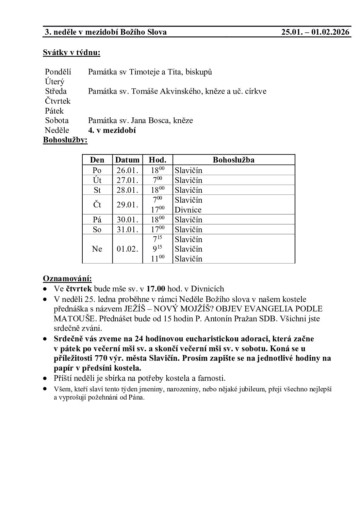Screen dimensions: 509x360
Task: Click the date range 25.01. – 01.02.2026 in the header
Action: (315, 32)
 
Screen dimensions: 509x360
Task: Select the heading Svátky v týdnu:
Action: (71, 53)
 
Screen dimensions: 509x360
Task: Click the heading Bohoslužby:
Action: (65, 140)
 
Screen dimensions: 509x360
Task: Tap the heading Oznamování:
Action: (67, 279)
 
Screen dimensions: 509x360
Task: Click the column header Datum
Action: (127, 160)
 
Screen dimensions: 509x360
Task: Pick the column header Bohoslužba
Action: (233, 160)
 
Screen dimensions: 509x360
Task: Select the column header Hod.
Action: (158, 160)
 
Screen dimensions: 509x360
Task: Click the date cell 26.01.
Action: (127, 170)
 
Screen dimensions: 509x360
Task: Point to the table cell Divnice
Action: (188, 210)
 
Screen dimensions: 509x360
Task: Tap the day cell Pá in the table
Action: (97, 220)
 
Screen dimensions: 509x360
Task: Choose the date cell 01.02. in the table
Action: (127, 249)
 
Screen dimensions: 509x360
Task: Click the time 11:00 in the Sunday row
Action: (157, 259)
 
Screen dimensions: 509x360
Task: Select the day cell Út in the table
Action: (97, 180)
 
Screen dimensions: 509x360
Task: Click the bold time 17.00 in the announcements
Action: (156, 289)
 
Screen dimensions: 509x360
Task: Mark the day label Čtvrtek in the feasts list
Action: (58, 101)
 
